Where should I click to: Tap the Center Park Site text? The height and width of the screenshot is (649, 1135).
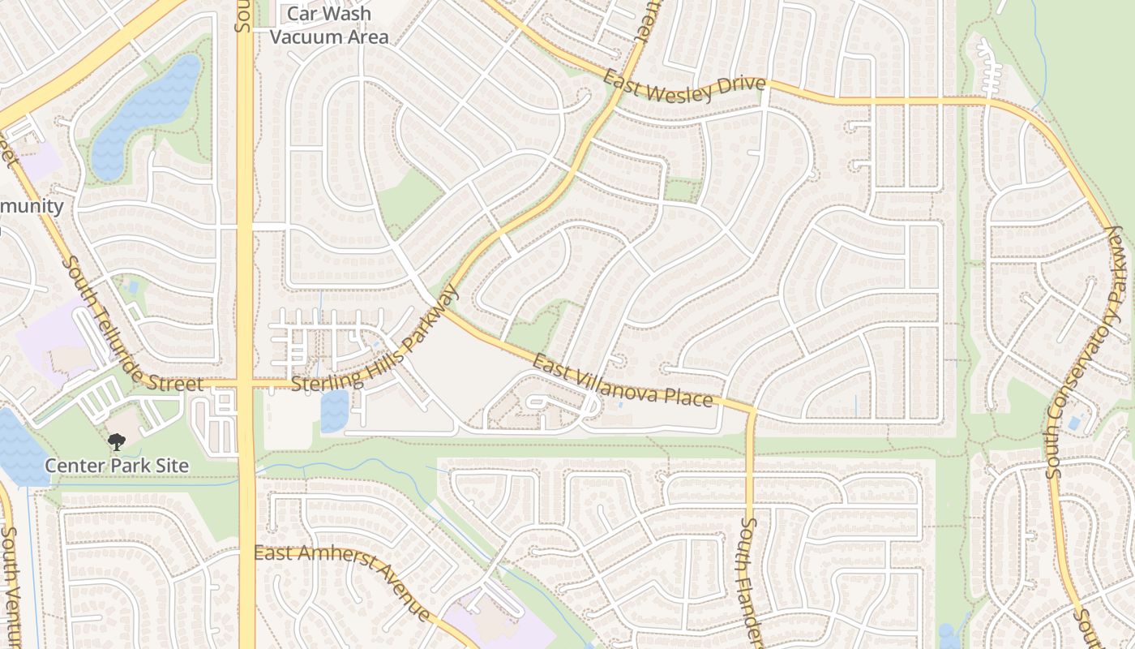tap(116, 466)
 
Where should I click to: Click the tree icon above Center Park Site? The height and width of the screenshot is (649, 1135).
tap(117, 442)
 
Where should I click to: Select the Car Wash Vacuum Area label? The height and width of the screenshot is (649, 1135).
tap(329, 25)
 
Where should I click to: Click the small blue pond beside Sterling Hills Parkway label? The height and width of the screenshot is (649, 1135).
tap(335, 410)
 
